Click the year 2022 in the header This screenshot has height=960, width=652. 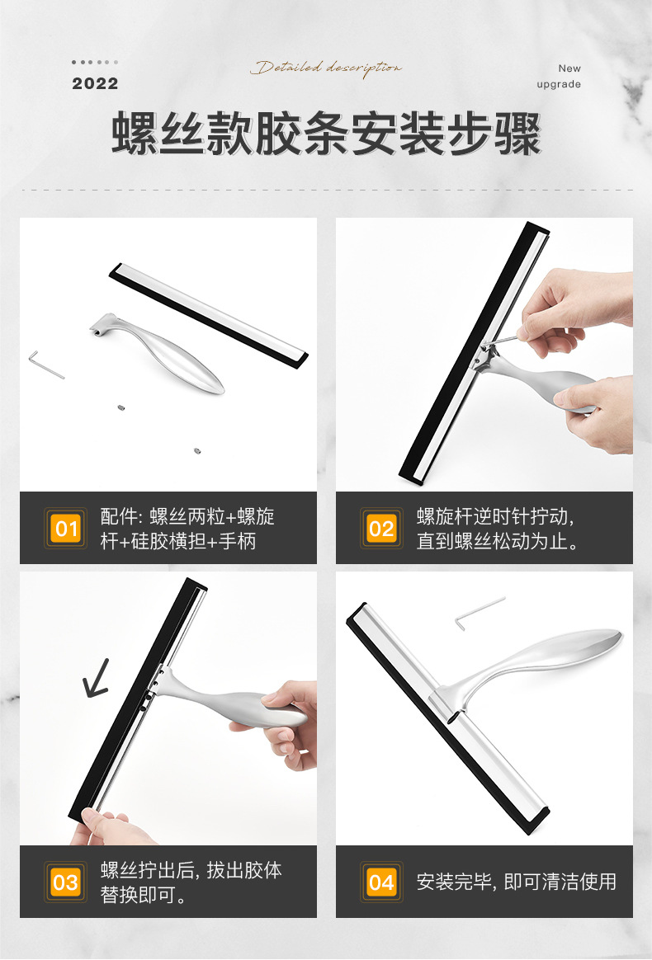point(95,83)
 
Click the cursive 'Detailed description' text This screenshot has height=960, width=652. point(326,68)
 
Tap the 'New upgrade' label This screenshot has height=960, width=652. point(560,77)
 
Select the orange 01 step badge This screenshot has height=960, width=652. point(66,528)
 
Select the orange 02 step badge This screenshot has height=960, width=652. point(381,528)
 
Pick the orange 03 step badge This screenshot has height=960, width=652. point(66,882)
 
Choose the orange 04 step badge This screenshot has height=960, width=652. point(381,882)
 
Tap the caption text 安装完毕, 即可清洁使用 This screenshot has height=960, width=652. point(516,882)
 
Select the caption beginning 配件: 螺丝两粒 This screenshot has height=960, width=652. point(187,529)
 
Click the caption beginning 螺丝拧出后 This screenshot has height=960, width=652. point(191,882)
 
